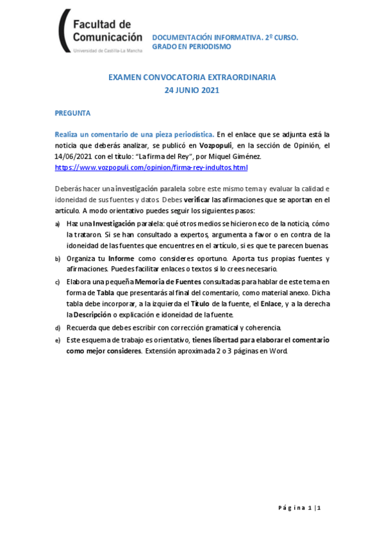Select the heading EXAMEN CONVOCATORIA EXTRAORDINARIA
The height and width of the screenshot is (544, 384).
pyautogui.click(x=192, y=77)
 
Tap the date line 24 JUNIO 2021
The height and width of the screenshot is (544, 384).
pyautogui.click(x=192, y=90)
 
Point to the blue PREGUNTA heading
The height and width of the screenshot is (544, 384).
pyautogui.click(x=72, y=113)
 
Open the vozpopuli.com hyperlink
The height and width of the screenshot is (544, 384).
pyautogui.click(x=151, y=167)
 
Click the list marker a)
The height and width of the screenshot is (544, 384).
pyautogui.click(x=58, y=223)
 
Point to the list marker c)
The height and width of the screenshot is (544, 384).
pyautogui.click(x=58, y=282)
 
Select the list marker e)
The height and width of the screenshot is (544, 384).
pyautogui.click(x=58, y=340)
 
